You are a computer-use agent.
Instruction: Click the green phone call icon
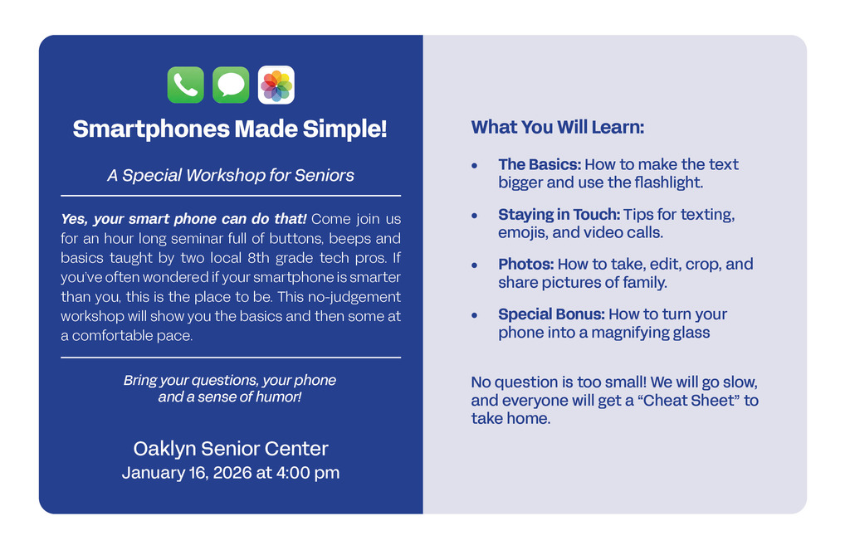pos(185,85)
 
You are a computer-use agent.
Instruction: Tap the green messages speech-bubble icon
pos(231,85)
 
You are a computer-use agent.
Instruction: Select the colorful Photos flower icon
pos(276,85)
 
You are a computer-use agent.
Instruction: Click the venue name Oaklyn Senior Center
pos(231,449)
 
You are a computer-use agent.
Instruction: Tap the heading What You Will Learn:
pos(558,127)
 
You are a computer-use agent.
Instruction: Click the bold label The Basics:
pos(539,164)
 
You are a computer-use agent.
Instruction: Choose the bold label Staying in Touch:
pos(559,214)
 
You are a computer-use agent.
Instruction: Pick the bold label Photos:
pos(525,264)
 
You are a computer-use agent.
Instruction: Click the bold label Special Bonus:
pos(551,314)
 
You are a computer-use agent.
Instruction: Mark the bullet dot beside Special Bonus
pos(474,315)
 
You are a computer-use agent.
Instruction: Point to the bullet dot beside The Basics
pos(474,166)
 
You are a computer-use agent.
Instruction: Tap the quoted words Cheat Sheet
pos(687,401)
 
